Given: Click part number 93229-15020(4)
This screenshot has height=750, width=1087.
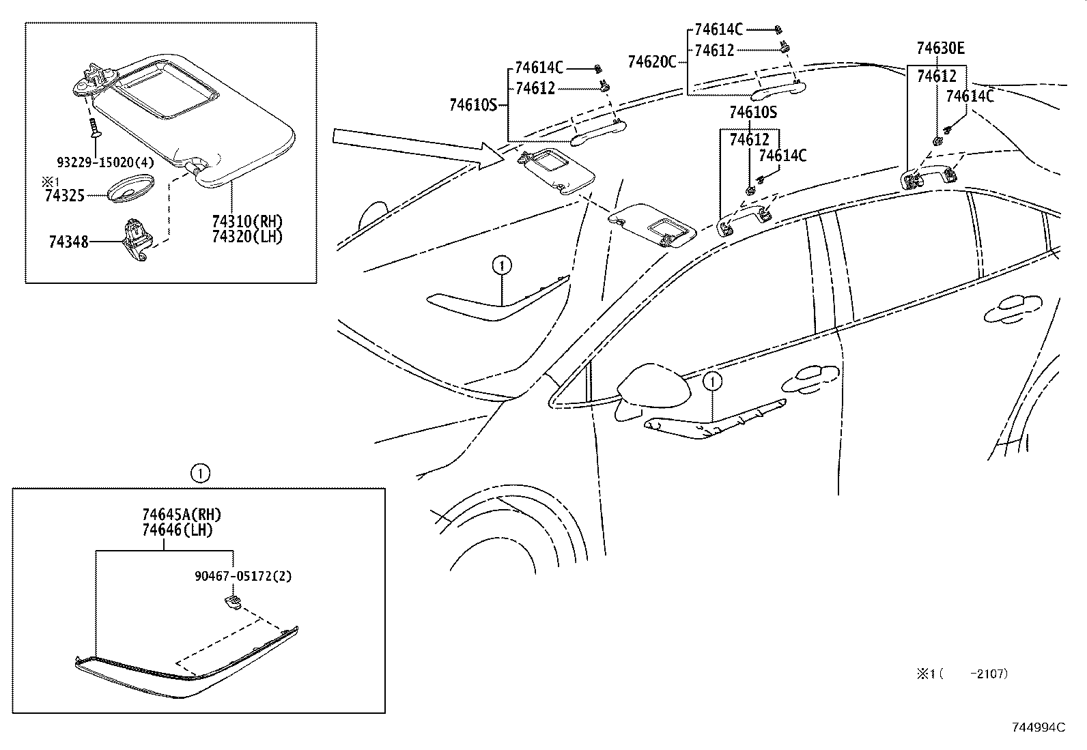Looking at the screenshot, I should (105, 162).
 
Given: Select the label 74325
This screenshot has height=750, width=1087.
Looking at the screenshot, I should (64, 196).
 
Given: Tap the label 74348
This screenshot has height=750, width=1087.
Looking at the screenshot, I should (68, 242).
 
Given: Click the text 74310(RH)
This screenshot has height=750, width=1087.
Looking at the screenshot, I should (246, 221).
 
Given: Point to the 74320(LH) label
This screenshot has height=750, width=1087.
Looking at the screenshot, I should (246, 236).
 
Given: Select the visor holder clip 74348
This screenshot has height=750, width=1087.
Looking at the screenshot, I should (137, 239).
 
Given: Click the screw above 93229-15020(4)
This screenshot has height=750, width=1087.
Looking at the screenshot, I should (94, 128).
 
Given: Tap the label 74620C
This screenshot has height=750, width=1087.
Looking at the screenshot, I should (651, 63).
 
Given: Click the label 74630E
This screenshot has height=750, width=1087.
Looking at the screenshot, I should (940, 48).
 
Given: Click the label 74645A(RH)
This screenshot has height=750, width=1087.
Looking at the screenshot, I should (182, 515).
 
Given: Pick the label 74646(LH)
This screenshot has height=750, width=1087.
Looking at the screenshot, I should (178, 530).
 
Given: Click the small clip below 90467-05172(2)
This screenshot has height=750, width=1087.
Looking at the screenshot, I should (232, 602).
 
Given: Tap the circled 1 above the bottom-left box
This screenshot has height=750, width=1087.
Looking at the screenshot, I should (199, 472).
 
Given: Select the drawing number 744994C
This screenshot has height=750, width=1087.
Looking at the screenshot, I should (1038, 727).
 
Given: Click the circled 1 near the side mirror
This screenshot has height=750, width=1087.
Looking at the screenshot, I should (712, 381).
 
